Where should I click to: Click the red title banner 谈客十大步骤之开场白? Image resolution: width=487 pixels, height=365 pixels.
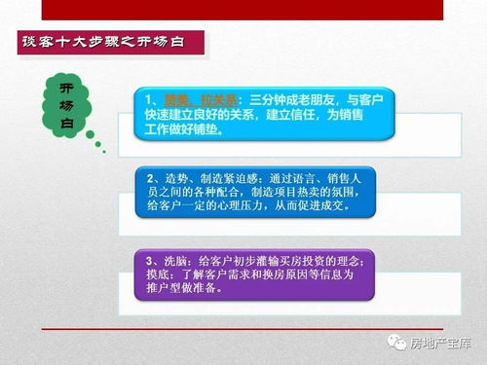click(113, 44)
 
